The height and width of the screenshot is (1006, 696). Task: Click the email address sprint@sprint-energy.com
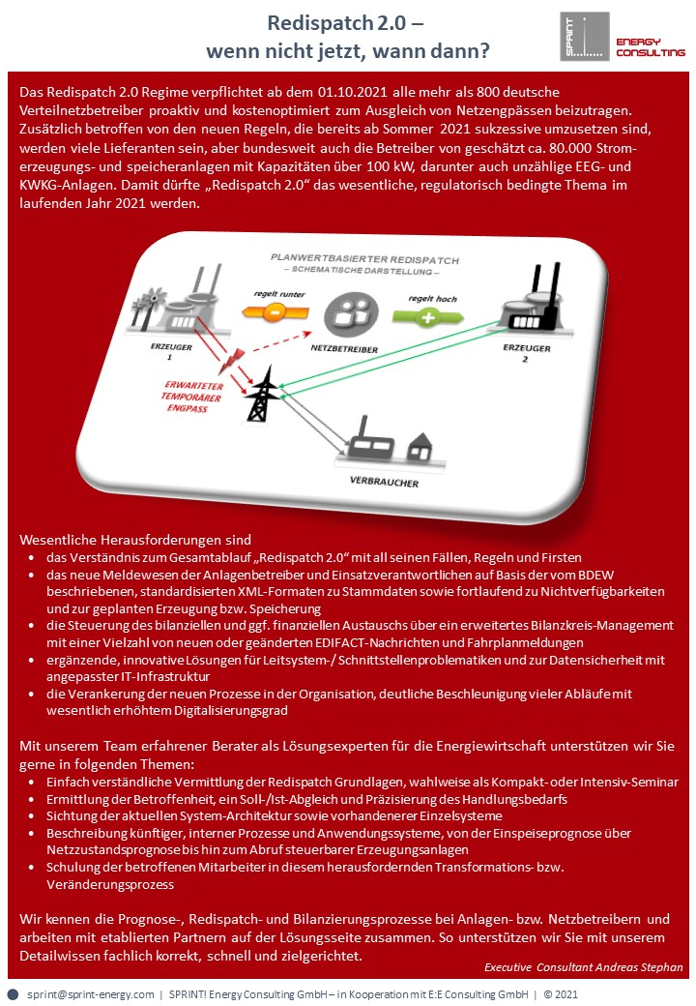[x=91, y=993]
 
